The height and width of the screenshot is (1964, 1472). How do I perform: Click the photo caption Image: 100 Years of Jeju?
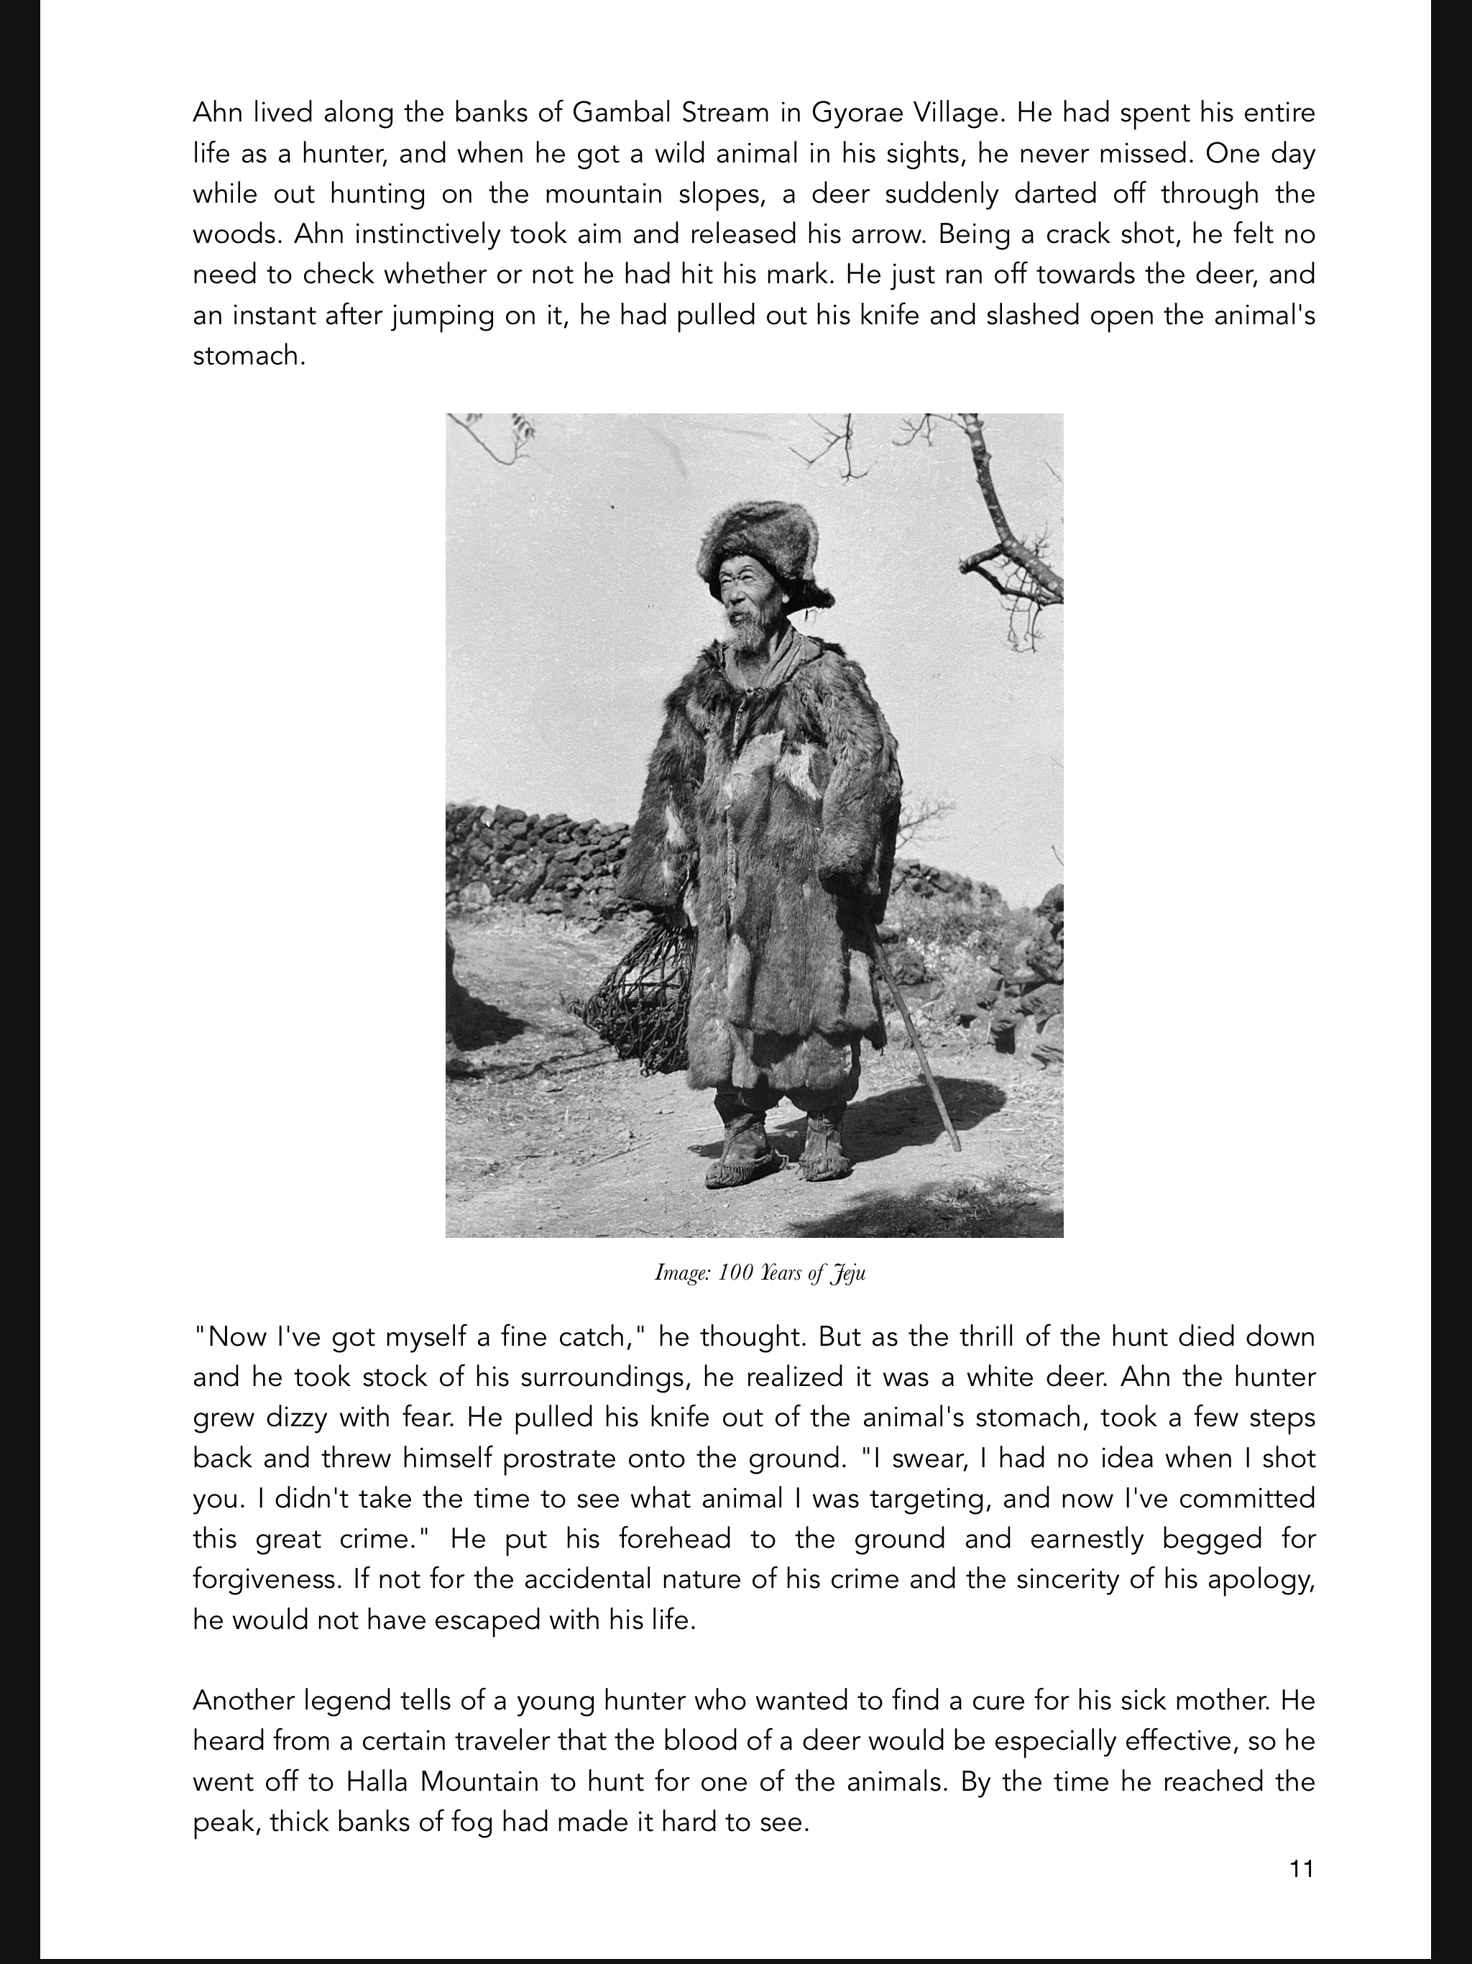759,1273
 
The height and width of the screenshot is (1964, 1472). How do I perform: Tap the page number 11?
1301,1869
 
